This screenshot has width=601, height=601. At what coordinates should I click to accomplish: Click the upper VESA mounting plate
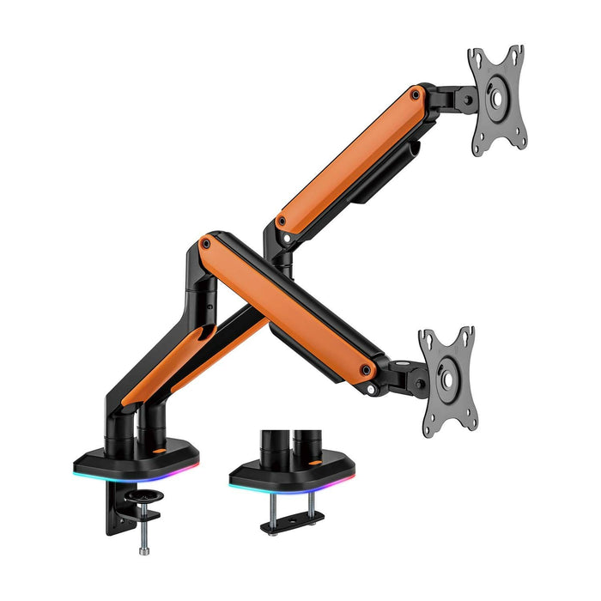click(x=496, y=100)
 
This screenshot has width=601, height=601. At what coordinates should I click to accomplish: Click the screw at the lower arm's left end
click(x=205, y=245)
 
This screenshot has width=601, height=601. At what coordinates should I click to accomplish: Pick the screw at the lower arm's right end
click(x=367, y=370)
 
